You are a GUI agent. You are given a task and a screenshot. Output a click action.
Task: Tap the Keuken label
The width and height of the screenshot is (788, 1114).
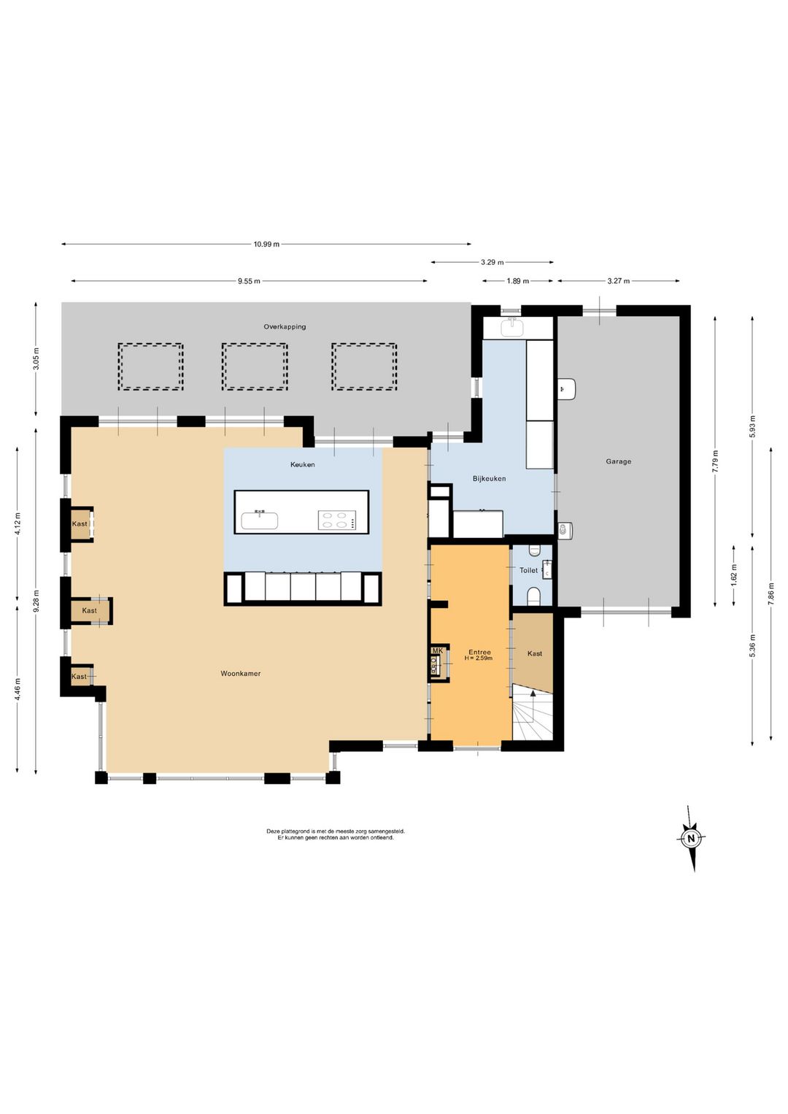tap(303, 464)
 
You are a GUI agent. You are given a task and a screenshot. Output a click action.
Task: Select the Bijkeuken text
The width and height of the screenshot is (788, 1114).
tap(489, 478)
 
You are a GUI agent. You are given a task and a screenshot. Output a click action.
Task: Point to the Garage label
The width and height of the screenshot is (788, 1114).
tap(619, 461)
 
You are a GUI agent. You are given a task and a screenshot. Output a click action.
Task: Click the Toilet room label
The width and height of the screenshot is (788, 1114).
tap(528, 570)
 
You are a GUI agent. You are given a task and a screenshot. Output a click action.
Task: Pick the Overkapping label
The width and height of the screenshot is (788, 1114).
tap(285, 327)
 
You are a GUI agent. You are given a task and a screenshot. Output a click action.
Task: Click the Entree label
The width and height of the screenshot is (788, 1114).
tap(480, 652)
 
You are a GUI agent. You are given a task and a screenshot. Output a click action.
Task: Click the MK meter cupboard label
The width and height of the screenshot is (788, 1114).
tap(438, 650)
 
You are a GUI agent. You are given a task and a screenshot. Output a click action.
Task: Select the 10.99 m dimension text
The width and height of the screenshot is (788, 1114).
tap(266, 244)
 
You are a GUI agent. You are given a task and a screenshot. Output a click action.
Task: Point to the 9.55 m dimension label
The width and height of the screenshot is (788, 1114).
tap(249, 281)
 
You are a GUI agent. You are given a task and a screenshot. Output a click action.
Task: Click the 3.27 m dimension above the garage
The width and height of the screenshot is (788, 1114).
tap(619, 281)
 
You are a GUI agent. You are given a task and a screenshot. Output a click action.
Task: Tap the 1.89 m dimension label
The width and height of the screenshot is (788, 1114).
tap(517, 281)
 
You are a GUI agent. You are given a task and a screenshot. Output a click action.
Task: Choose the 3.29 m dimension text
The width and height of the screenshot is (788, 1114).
tap(492, 262)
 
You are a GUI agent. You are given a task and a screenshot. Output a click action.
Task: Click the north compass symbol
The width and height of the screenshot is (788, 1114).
tap(691, 838)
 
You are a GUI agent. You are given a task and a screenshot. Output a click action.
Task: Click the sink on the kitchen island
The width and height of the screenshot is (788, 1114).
tap(260, 520)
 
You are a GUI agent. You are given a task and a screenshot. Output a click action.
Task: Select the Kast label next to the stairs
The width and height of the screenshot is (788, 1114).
tap(535, 653)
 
